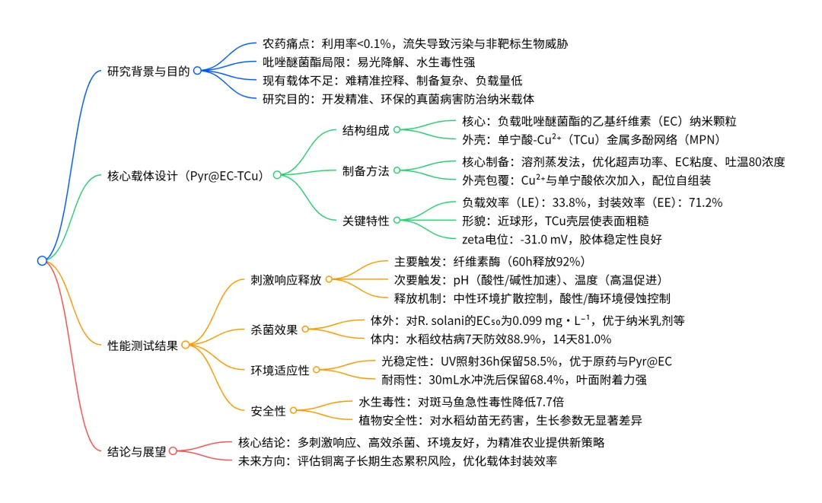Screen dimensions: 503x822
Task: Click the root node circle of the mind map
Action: coord(42,261)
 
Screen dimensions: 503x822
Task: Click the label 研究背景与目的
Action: coord(148,71)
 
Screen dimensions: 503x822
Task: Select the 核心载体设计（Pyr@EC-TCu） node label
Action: coord(188,176)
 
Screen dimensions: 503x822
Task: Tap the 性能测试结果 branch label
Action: coord(142,345)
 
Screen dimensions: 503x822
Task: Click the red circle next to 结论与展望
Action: coord(173,450)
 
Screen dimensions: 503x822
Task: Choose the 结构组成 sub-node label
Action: coord(365,131)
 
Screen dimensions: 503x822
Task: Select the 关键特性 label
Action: coord(365,221)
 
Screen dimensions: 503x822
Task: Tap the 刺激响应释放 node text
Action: coord(286,279)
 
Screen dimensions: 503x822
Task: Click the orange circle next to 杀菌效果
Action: coord(305,329)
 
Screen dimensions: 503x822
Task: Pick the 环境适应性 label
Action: coord(280,370)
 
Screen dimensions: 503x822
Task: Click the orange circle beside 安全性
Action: coord(293,411)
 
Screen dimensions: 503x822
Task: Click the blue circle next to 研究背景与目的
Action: coord(196,71)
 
